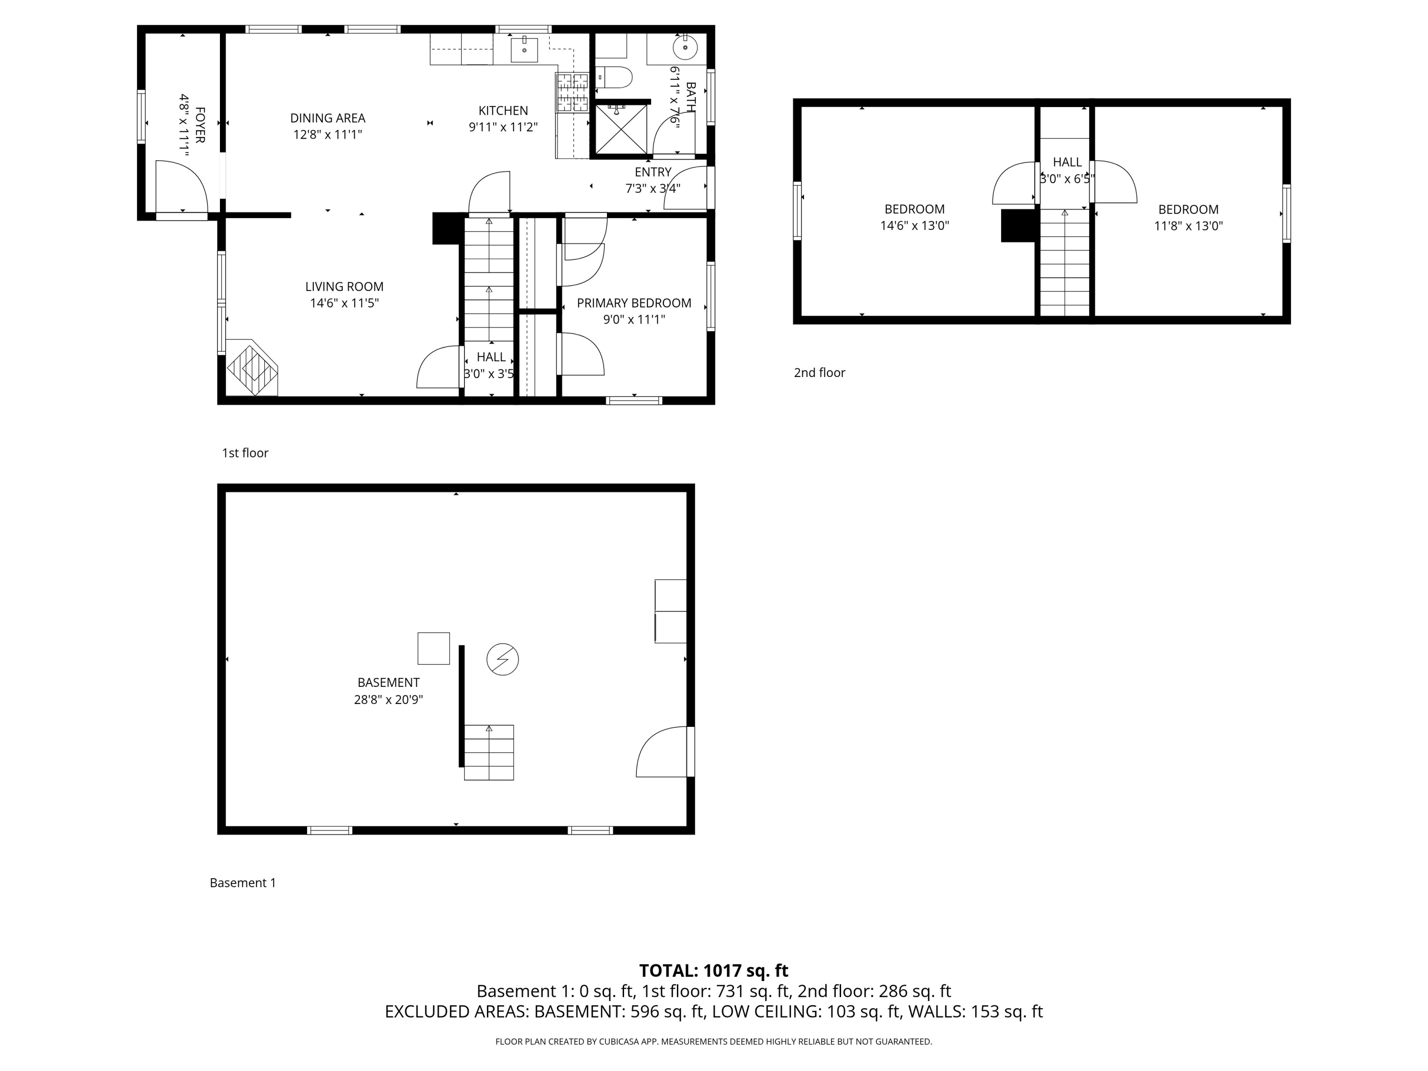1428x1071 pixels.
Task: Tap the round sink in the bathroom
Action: coord(685,47)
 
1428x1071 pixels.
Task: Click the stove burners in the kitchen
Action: coord(572,93)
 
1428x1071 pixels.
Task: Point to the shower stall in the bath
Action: coord(621,129)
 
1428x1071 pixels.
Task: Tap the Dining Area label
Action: coord(328,118)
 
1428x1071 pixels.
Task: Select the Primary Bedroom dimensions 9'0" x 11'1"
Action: coord(634,319)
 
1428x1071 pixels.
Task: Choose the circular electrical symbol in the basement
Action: coord(502,659)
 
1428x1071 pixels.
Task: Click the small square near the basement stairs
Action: coord(434,648)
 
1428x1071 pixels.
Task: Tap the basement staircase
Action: coord(489,752)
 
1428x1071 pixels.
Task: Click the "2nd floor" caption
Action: coord(819,373)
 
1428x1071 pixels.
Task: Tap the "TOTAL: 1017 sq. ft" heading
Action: coord(714,971)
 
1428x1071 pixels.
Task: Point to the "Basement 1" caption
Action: coord(243,883)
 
